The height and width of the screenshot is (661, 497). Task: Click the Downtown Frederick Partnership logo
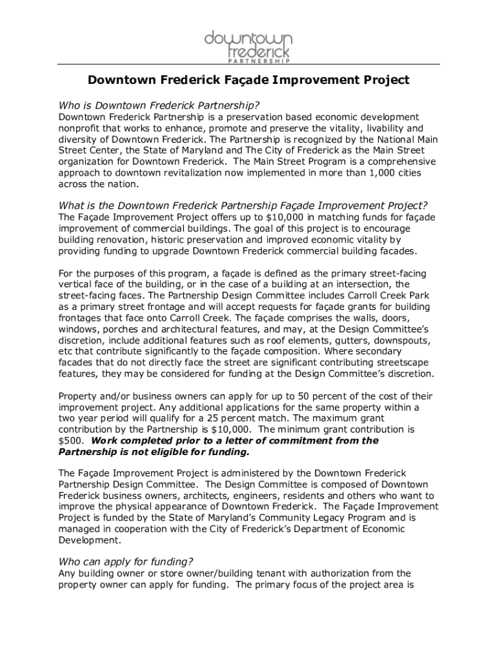249,46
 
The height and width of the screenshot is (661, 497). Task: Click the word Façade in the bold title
234,80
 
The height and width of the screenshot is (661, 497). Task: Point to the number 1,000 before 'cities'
356,172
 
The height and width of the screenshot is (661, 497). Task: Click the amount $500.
69,440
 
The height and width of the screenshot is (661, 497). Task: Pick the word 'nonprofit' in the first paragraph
80,128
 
